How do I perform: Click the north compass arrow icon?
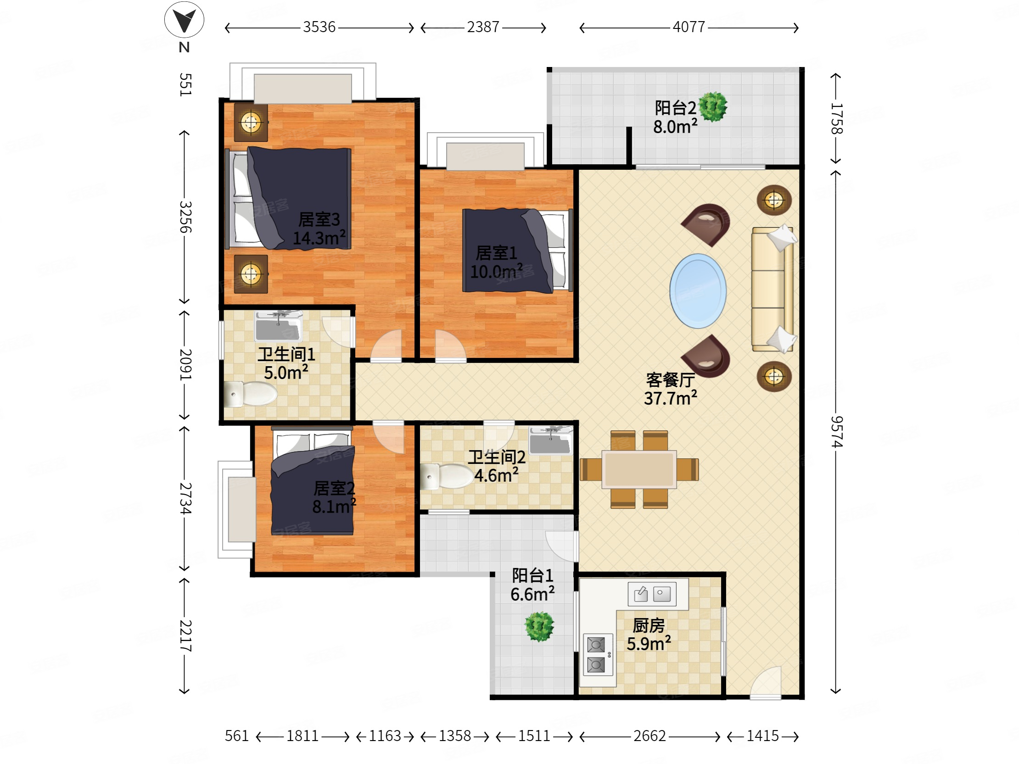[184, 20]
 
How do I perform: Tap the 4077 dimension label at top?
[689, 27]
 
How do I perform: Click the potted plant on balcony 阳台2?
[713, 107]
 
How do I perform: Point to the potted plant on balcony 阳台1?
[539, 626]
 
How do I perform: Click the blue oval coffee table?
[698, 291]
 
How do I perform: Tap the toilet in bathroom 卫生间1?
[250, 394]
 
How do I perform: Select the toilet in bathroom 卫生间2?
[447, 476]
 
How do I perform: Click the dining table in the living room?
[639, 469]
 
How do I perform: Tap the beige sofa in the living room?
[773, 289]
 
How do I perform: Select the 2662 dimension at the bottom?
[649, 736]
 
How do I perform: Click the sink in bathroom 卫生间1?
[279, 326]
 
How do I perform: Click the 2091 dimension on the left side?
[185, 364]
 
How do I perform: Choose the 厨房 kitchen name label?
[649, 625]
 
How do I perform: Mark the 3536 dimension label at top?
[319, 27]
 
